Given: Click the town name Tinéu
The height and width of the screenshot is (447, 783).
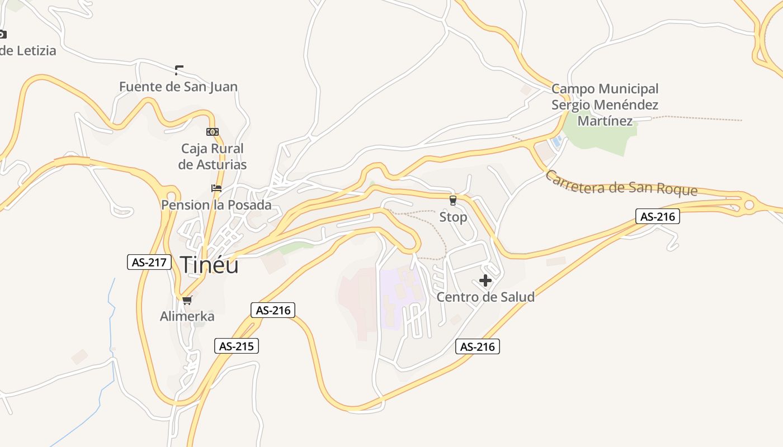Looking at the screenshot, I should pos(209,264).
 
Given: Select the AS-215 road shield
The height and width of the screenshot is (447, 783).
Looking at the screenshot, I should pos(237,346).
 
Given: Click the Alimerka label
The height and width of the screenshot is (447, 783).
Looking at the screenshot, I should pos(187,316).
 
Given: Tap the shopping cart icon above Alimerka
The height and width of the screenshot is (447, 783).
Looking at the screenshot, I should pos(187,301).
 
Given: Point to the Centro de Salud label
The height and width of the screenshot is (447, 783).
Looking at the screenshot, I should pos(485,297).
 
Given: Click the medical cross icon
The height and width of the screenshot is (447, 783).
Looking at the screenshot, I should pos(485,280).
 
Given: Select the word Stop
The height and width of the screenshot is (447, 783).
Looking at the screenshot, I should pos(453,217).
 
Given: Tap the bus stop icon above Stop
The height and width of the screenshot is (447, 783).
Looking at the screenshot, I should pos(453,201).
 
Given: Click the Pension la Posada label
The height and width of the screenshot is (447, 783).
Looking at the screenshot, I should pos(216,205).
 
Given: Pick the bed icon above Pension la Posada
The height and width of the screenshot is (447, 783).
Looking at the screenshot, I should pos(216,188).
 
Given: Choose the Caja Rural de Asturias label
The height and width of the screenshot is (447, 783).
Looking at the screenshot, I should pos(213,156).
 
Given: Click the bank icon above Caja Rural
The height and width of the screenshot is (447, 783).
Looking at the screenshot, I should pos(212,132).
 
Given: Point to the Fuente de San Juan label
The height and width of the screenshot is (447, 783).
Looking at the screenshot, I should pos(178,87).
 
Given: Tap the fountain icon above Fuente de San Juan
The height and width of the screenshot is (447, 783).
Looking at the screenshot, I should pos(179,70).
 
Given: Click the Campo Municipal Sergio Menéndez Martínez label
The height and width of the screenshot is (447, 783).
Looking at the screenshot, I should pos(605,104).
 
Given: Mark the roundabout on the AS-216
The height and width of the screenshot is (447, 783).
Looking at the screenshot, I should pos(749,206).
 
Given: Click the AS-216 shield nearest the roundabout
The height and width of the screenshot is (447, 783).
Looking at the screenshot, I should pos(657,216).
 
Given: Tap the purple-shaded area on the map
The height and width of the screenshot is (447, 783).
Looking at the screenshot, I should pos(398,296).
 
